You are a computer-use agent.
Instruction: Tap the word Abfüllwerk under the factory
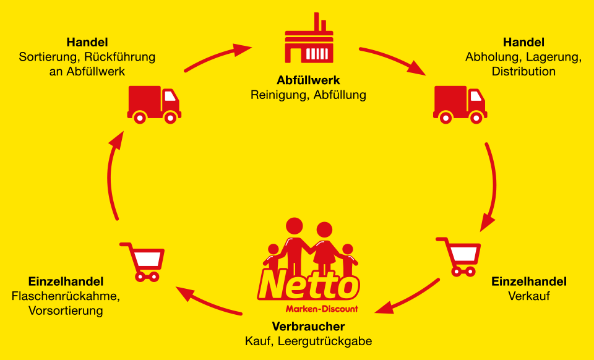[308, 81]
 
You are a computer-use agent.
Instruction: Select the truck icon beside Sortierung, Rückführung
[154, 103]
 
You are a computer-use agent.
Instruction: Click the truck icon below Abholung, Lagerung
[459, 103]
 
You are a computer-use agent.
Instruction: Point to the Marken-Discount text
[321, 309]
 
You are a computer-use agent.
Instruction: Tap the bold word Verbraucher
[308, 327]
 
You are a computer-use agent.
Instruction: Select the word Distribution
[523, 71]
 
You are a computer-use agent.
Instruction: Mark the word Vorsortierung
[66, 311]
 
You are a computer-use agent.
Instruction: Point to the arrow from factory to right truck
[394, 59]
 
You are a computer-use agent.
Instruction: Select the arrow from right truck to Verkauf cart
[493, 186]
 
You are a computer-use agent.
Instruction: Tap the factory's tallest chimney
[315, 20]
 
